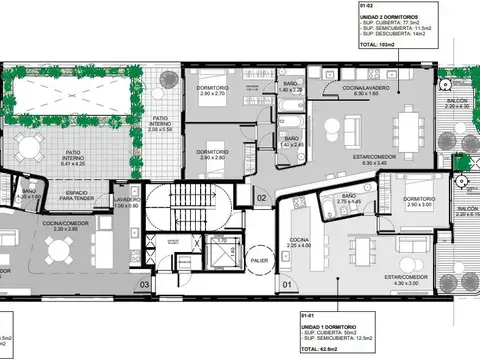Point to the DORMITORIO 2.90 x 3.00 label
[x=419, y=202]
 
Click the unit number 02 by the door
[x=260, y=199]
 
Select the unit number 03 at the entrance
[x=144, y=285]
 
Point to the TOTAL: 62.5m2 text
[x=320, y=349]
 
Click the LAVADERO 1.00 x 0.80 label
[x=127, y=202]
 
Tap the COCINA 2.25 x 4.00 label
[x=300, y=242]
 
